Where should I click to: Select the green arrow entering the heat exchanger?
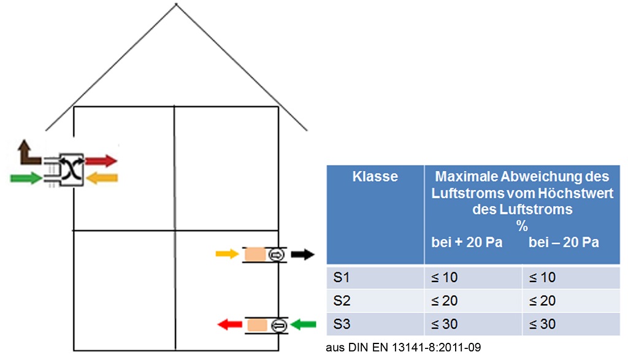tap(26, 178)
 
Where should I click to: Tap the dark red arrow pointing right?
tap(101, 161)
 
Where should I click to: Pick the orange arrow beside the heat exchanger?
tap(102, 178)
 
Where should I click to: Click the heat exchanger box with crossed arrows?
tap(72, 170)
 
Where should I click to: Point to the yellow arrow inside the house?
tap(227, 253)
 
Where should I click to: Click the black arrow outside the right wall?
tap(302, 254)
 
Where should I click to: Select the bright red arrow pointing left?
tap(230, 324)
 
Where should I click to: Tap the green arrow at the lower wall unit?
tap(303, 324)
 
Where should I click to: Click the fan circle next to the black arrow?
tap(277, 255)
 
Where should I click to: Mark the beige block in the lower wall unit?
tap(257, 325)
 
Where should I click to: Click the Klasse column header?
tap(375, 177)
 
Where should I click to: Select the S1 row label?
tap(342, 277)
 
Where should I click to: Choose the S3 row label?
tap(342, 324)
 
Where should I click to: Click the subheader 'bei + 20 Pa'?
tap(467, 242)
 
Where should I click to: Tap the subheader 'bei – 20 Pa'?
tap(564, 242)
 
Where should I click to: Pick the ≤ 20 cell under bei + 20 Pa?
tap(444, 301)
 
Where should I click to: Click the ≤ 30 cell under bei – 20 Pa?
tap(542, 324)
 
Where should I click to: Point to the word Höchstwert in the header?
tap(575, 193)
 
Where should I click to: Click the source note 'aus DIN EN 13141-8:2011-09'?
tap(404, 347)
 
